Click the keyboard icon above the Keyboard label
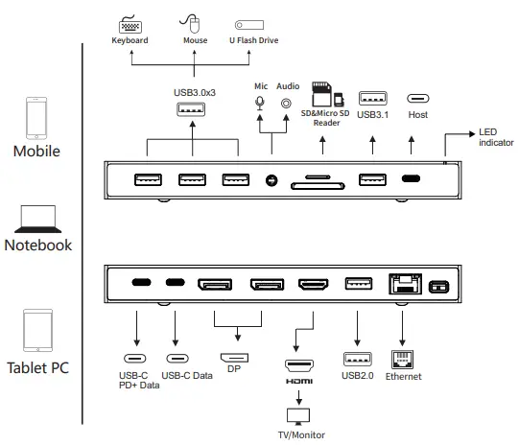tap(128, 25)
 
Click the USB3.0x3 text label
tap(193, 92)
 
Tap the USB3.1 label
tap(372, 115)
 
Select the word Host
tap(416, 115)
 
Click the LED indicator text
tap(496, 137)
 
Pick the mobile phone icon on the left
tap(36, 116)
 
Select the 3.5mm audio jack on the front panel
tap(272, 179)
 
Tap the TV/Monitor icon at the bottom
tap(297, 415)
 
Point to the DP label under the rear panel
tap(232, 369)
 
